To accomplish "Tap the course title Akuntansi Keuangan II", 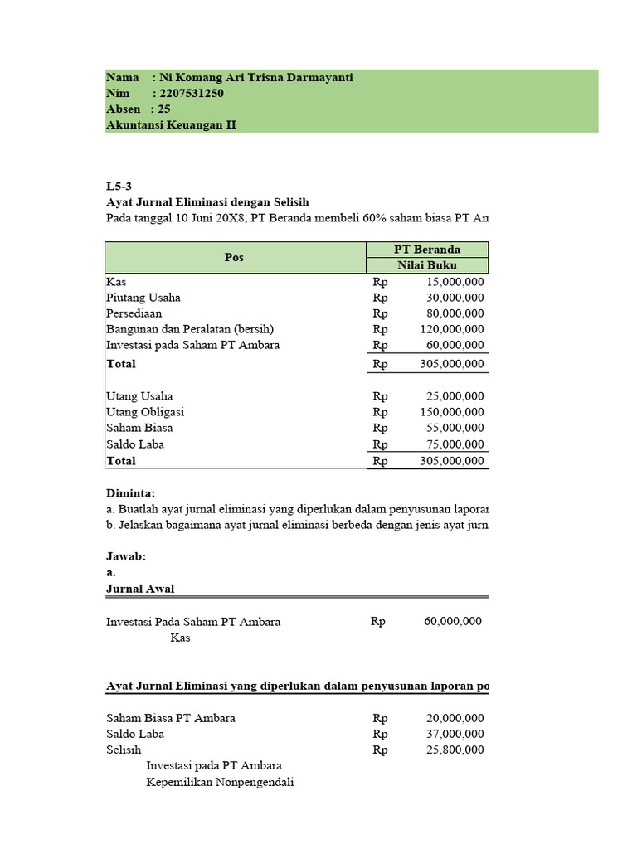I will pyautogui.click(x=172, y=124).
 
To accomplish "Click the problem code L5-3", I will pyautogui.click(x=119, y=186).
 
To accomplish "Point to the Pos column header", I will pyautogui.click(x=235, y=257).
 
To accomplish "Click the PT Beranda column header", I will pyautogui.click(x=427, y=250).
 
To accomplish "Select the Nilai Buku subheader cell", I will pyautogui.click(x=427, y=265).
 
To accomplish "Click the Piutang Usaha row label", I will pyautogui.click(x=143, y=298).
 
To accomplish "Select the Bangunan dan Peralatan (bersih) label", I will pyautogui.click(x=190, y=329).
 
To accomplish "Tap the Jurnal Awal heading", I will pyautogui.click(x=140, y=589).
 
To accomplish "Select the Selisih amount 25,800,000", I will pyautogui.click(x=453, y=750).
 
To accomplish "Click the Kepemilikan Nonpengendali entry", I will pyautogui.click(x=221, y=782).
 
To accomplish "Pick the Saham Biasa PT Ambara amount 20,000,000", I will pyautogui.click(x=453, y=718).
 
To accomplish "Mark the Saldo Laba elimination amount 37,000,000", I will pyautogui.click(x=453, y=734).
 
